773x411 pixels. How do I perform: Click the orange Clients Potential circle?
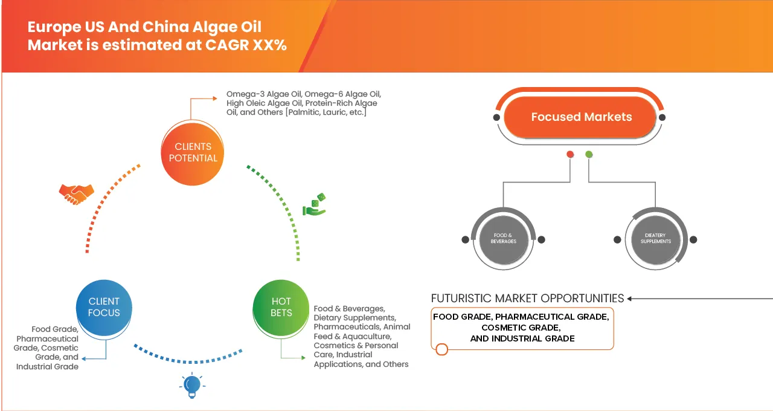point(193,152)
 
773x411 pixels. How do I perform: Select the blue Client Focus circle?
point(104,307)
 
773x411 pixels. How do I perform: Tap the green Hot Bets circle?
point(281,307)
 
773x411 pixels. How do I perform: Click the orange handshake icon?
point(76,193)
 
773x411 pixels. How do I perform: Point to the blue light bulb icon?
point(192,385)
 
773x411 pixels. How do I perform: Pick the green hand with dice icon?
point(314,205)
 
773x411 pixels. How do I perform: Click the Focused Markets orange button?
point(581,117)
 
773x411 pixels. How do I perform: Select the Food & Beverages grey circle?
point(503,239)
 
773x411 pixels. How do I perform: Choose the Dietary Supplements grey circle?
point(655,239)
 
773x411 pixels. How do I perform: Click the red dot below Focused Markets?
point(569,155)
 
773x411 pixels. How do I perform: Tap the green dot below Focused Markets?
point(589,155)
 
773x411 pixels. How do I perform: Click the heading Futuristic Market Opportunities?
point(527,299)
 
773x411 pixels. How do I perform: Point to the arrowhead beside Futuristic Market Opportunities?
point(630,299)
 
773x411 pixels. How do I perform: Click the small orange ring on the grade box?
point(441,349)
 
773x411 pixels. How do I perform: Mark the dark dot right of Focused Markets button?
point(662,117)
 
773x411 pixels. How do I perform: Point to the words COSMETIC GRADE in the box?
point(521,328)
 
